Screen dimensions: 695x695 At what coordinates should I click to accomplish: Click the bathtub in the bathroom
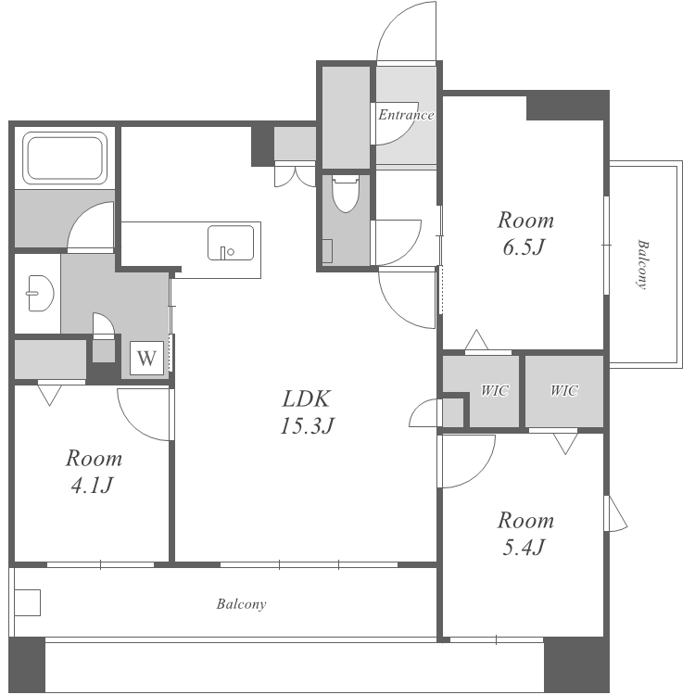point(65,158)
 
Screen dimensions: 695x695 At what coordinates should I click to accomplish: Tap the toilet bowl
point(346,194)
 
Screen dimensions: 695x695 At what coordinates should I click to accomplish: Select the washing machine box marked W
point(146,358)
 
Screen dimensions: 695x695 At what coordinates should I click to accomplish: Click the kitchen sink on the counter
point(231,243)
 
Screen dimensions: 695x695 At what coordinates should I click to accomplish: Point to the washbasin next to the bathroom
point(41,294)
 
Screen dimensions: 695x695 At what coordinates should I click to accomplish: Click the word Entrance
point(406,115)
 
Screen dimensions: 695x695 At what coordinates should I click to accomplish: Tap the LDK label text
point(307,398)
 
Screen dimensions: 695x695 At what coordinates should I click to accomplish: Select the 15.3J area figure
point(307,426)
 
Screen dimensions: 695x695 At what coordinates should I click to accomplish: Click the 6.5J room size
point(524,247)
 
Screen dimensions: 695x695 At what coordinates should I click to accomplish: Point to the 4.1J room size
point(92,486)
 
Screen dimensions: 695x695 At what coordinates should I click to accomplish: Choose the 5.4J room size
point(524,548)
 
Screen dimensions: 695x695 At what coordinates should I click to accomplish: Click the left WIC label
point(495,390)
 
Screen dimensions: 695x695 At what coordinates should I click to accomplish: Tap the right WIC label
point(564,390)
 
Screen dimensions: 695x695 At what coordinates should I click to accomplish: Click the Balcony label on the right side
point(642,265)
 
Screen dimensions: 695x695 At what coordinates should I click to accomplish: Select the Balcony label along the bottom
point(242,604)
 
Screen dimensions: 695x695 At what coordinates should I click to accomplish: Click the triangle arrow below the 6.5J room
point(476,340)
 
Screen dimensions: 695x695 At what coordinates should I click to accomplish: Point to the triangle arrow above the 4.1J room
point(49,395)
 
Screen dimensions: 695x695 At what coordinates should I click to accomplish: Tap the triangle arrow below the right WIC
point(565,443)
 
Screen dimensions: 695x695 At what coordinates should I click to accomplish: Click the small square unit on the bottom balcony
point(28,602)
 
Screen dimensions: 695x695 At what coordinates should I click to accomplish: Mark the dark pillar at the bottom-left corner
point(27,664)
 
